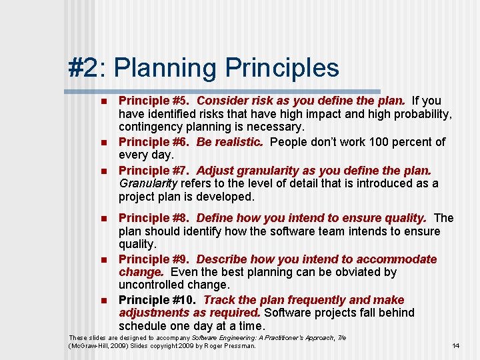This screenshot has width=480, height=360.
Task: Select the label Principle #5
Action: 152,101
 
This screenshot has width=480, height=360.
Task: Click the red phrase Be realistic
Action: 230,142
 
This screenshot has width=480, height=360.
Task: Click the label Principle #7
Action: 152,170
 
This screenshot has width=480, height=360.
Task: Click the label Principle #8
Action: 152,218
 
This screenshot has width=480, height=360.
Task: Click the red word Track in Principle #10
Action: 219,300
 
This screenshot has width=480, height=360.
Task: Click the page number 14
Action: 456,345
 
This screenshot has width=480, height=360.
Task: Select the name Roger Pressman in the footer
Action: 229,346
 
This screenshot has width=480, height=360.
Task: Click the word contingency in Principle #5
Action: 151,127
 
